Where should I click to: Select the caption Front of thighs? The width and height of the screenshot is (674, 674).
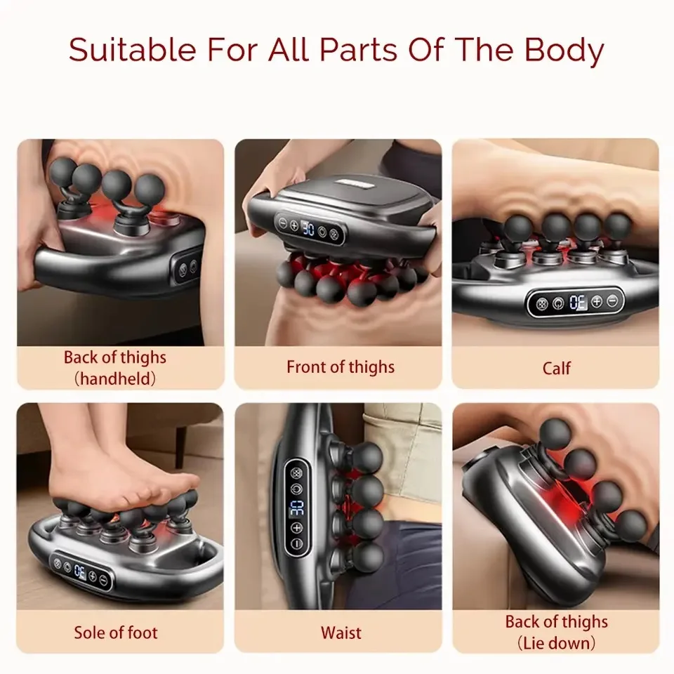pyautogui.click(x=341, y=366)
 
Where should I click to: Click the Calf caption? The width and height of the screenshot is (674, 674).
pyautogui.click(x=556, y=367)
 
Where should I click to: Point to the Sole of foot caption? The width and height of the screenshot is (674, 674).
pyautogui.click(x=117, y=633)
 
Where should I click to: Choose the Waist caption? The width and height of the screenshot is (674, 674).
pyautogui.click(x=341, y=633)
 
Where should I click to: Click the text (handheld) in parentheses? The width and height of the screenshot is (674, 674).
pyautogui.click(x=115, y=379)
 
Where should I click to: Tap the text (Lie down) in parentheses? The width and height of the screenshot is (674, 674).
pyautogui.click(x=555, y=642)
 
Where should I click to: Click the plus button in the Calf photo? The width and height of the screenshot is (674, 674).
pyautogui.click(x=597, y=302)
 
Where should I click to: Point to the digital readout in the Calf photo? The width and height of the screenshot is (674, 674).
pyautogui.click(x=578, y=303)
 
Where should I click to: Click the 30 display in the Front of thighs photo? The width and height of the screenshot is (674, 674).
pyautogui.click(x=307, y=227)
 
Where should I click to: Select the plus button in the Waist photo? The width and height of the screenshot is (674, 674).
pyautogui.click(x=296, y=528)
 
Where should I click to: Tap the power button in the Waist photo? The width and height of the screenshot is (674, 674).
pyautogui.click(x=296, y=489)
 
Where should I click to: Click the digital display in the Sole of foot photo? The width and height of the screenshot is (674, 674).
pyautogui.click(x=80, y=570)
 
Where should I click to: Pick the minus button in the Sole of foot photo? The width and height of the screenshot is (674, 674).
pyautogui.click(x=103, y=580)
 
